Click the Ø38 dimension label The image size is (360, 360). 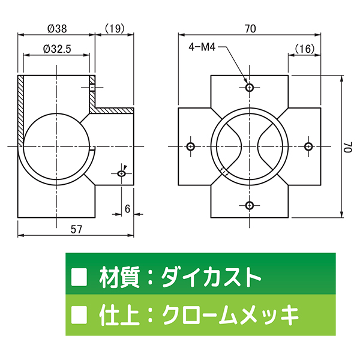(x=57, y=29)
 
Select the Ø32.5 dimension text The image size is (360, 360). (x=57, y=49)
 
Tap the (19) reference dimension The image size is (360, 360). (x=115, y=28)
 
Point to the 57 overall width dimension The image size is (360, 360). (x=76, y=229)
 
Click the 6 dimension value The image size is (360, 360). (x=127, y=209)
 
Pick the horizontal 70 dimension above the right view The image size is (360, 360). (x=250, y=29)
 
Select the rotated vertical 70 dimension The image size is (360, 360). (x=348, y=147)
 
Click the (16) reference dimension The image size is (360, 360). (x=304, y=49)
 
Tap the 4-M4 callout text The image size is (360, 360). (x=202, y=47)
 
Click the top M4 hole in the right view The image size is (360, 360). (x=250, y=88)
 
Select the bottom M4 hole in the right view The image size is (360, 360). (x=250, y=205)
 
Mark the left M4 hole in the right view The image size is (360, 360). (x=191, y=146)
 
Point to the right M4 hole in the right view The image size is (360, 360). (x=308, y=146)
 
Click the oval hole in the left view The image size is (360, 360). (x=121, y=173)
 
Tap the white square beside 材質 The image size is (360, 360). (x=79, y=277)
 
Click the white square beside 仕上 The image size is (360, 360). (x=79, y=314)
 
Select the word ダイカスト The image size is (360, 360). (x=211, y=277)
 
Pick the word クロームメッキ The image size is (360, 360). (x=231, y=315)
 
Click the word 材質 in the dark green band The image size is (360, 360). (x=119, y=277)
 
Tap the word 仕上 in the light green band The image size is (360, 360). (x=119, y=315)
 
